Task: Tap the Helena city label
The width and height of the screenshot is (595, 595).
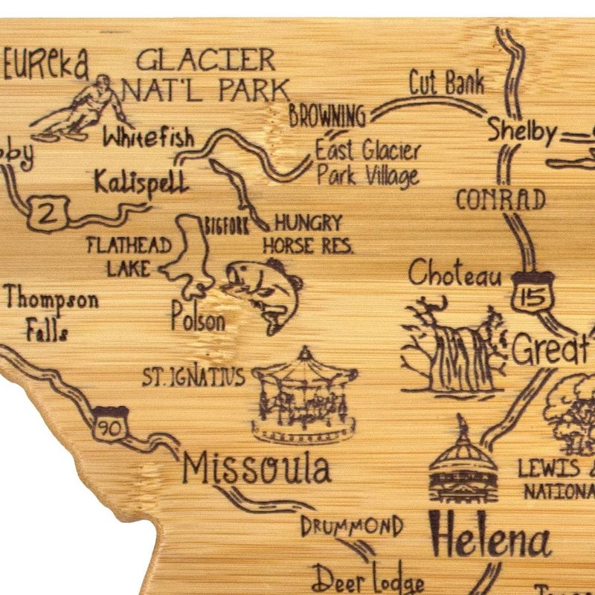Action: tap(490, 534)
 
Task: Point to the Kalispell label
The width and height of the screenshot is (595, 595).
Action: tap(141, 181)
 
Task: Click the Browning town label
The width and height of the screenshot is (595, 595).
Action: tap(327, 115)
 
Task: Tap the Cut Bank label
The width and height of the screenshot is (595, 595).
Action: tap(447, 83)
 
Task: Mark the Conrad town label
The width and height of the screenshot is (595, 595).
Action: tap(500, 199)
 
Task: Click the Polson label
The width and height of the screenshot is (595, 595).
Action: tap(197, 321)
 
